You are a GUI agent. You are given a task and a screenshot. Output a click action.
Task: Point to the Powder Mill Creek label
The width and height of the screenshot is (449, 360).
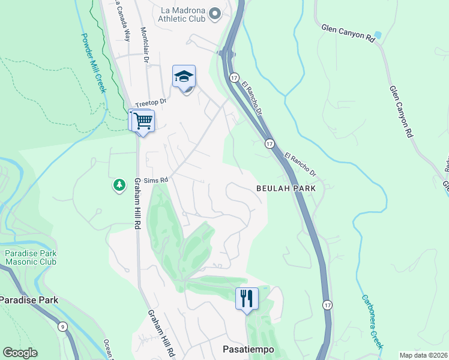coord(91,62)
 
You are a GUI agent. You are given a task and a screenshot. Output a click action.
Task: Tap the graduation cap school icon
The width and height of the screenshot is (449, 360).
coord(184,76)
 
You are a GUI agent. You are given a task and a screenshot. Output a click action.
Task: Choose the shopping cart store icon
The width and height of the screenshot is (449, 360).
coord(143,121)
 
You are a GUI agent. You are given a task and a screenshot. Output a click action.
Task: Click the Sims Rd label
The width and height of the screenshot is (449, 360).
coord(158,179)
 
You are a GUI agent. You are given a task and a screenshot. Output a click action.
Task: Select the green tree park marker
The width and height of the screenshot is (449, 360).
coord(119,185)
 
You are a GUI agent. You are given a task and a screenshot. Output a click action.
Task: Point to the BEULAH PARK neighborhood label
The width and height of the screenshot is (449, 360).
coord(286,188)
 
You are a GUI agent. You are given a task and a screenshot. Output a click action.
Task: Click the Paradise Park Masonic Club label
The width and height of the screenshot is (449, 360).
coord(31,257)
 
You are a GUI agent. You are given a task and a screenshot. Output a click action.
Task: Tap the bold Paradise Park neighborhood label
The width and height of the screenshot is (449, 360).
coord(28,299)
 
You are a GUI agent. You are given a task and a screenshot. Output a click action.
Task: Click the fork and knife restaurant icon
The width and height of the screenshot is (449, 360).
coord(247,298)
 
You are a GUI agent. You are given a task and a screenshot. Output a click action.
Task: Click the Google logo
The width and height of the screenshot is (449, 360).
coord(20,353)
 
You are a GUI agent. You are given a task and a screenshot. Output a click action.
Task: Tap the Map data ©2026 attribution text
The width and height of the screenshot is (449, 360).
coord(423,355)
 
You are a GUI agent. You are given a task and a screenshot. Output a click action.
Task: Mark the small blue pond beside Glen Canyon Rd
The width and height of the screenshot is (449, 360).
coord(377,35)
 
